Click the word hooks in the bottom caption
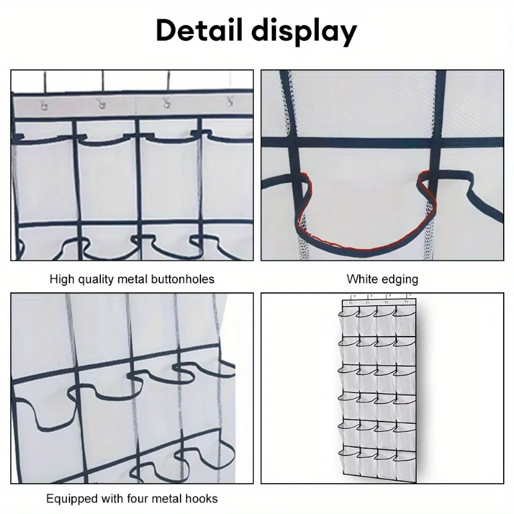(202, 498)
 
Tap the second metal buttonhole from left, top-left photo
(102, 104)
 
